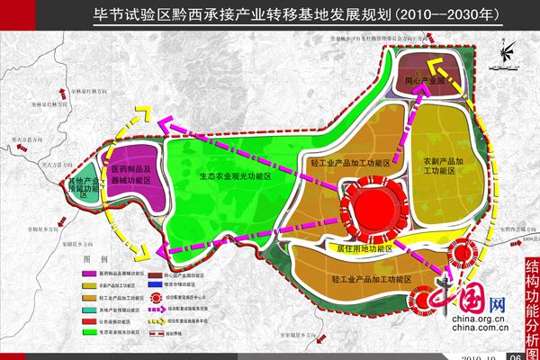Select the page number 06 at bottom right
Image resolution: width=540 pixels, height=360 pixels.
(x=515, y=355)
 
